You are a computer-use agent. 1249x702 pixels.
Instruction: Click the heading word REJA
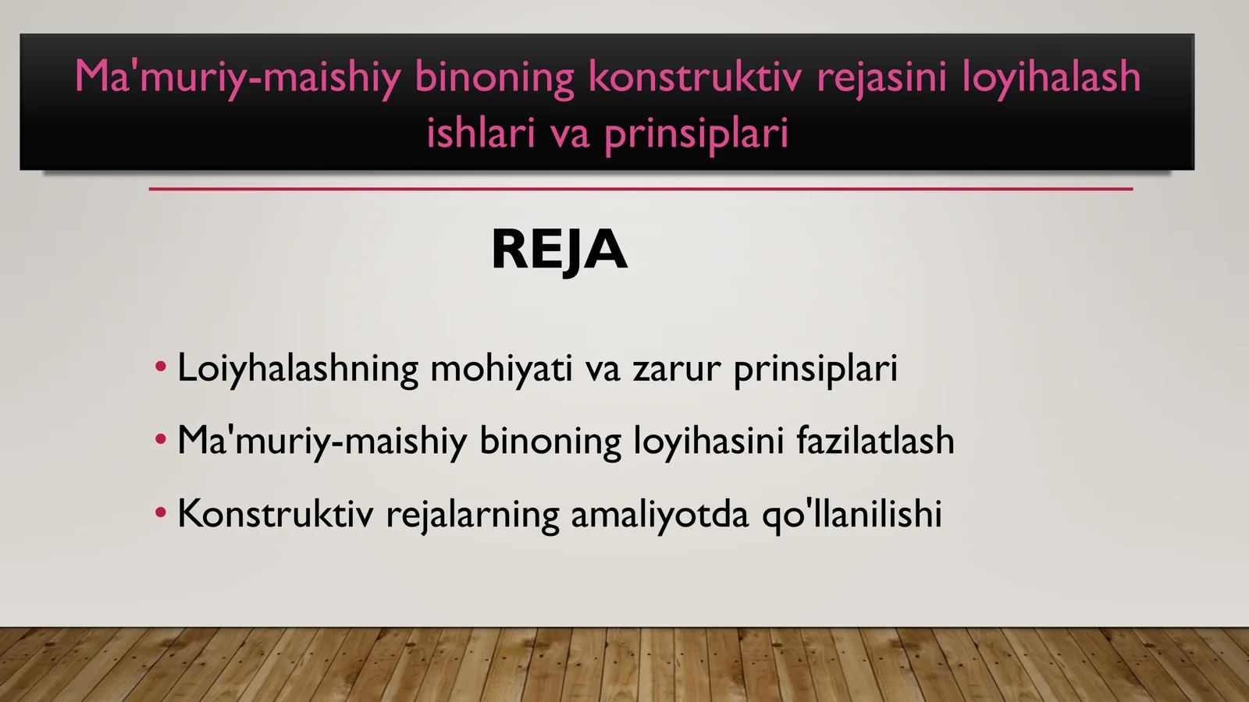(x=559, y=250)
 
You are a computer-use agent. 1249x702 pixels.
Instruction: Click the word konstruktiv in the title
(x=694, y=77)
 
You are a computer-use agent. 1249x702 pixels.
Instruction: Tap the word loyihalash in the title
(x=1051, y=77)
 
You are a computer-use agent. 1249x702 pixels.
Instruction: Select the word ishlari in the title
(x=480, y=133)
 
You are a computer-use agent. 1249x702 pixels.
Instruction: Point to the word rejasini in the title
(x=881, y=77)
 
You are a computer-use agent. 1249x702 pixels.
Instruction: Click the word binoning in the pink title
(x=494, y=77)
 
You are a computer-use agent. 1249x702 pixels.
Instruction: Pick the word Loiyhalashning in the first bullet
(x=297, y=368)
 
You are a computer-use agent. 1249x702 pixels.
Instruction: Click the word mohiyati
(x=501, y=368)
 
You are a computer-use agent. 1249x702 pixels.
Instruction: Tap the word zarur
(x=676, y=368)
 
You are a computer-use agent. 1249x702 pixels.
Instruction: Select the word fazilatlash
(x=875, y=441)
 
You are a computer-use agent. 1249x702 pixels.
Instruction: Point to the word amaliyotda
(x=660, y=514)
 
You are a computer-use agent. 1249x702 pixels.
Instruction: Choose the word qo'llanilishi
(x=852, y=514)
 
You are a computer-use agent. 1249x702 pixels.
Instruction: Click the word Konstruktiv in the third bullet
(x=275, y=514)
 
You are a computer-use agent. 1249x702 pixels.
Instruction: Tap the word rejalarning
(x=472, y=514)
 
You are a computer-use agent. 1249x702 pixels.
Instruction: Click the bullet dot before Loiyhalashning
(x=161, y=367)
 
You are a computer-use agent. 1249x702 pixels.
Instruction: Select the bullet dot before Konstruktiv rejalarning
(x=161, y=513)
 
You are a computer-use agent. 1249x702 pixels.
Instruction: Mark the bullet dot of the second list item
(x=161, y=440)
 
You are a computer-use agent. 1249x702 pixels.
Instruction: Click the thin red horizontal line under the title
(x=640, y=189)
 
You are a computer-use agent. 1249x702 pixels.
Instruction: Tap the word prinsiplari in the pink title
(x=696, y=133)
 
